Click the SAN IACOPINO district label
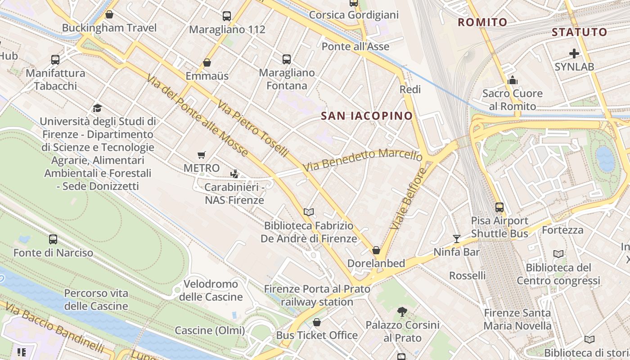tap(367, 116)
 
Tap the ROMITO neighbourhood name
tap(482, 22)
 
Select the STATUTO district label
tap(579, 32)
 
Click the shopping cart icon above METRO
tap(202, 155)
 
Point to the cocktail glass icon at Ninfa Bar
tap(457, 238)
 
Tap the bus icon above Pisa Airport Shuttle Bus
tap(499, 207)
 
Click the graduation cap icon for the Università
tap(97, 108)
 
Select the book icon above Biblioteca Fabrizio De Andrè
tap(309, 212)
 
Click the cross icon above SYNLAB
tap(574, 54)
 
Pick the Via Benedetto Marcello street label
tap(363, 160)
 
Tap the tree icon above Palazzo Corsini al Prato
tap(402, 311)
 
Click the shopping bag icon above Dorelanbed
tap(376, 250)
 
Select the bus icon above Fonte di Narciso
tap(53, 239)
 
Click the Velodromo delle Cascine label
tap(211, 290)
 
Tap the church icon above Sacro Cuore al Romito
tap(512, 81)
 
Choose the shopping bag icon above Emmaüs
tap(207, 63)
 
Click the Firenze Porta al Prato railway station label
tap(317, 295)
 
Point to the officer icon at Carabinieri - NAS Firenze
tap(234, 174)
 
